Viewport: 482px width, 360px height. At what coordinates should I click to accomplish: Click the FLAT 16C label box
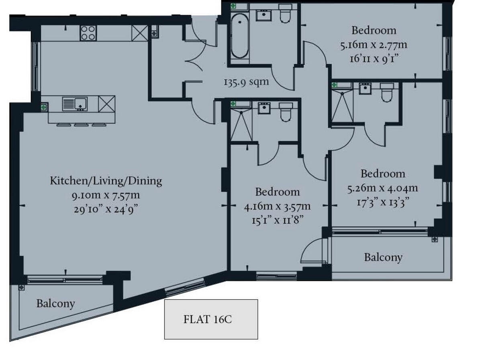[x=211, y=319]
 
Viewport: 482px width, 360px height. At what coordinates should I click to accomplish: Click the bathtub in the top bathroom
[x=239, y=36]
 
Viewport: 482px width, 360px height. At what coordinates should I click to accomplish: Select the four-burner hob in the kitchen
[x=88, y=33]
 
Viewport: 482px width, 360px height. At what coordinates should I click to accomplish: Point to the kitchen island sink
[x=75, y=104]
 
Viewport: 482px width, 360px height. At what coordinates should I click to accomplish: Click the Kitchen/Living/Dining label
[x=106, y=181]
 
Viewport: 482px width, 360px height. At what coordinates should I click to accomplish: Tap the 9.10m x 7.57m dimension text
[x=106, y=196]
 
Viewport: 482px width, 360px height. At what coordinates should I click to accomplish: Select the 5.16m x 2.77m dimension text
[x=374, y=45]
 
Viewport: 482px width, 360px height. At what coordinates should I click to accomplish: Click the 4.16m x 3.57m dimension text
[x=277, y=207]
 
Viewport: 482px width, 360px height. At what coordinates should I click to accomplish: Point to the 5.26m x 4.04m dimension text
[x=382, y=188]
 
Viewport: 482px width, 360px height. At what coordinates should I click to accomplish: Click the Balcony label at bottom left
[x=55, y=303]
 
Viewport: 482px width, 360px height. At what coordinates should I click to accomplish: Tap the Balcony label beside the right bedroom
[x=383, y=257]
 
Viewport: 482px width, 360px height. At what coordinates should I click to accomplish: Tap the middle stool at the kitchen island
[x=81, y=125]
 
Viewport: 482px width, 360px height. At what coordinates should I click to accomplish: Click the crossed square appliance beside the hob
[x=140, y=33]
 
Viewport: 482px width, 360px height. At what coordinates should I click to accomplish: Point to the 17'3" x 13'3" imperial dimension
[x=382, y=201]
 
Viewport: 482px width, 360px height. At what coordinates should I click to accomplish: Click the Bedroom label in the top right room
[x=374, y=31]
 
